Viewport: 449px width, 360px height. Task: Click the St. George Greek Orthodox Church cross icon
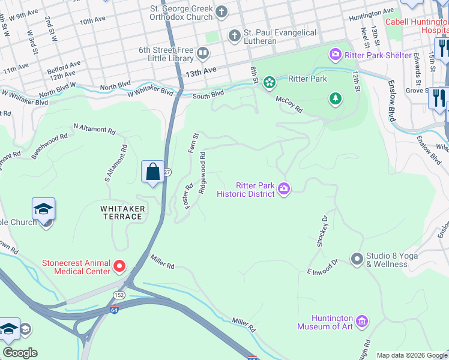[221, 11]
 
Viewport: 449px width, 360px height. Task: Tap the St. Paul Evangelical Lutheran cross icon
[234, 36]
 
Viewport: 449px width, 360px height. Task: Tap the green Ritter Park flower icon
[270, 80]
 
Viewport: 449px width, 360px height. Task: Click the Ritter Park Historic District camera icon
[283, 190]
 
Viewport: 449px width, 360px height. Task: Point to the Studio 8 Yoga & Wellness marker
[357, 259]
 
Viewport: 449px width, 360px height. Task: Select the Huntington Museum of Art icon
[361, 322]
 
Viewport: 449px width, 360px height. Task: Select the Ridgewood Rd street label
[203, 172]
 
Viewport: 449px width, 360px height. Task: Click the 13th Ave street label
[200, 71]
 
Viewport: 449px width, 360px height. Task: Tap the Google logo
[20, 353]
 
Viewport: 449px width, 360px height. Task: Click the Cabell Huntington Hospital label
[417, 25]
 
